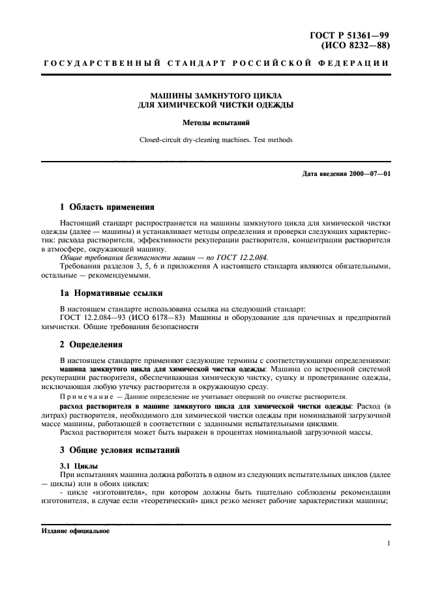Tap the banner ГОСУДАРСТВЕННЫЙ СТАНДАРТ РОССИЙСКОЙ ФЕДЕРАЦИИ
[x=216, y=64]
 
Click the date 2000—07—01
[x=372, y=173]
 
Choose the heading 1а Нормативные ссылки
[x=111, y=292]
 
